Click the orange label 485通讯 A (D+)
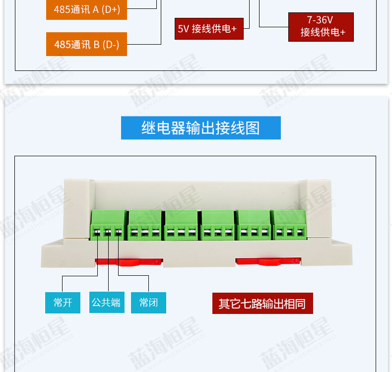(x=86, y=10)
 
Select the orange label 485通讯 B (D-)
(x=86, y=44)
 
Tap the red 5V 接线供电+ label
(x=208, y=29)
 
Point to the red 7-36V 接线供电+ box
(x=321, y=27)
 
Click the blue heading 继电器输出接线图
(x=200, y=128)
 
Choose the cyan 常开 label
(x=63, y=303)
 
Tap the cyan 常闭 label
(x=148, y=303)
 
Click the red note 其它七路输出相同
(x=262, y=303)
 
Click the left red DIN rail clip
(x=128, y=261)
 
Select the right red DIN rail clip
(x=268, y=261)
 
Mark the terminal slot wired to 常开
(x=97, y=233)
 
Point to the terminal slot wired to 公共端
(x=108, y=233)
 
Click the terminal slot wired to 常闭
(x=118, y=233)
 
